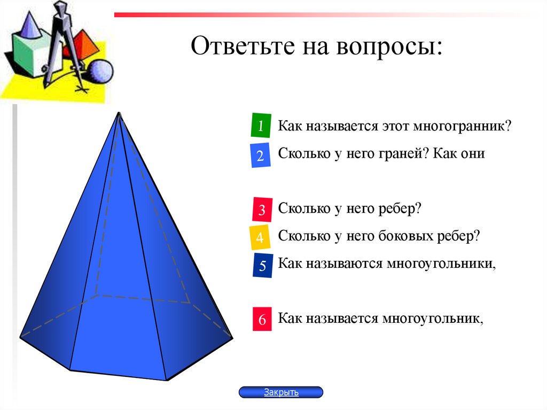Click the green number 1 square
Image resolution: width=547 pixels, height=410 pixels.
(261, 126)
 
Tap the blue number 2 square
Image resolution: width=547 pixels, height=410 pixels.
(260, 156)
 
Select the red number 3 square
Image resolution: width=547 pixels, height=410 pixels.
(262, 210)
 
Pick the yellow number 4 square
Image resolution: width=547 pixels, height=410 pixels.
(260, 238)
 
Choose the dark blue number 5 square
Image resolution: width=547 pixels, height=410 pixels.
(262, 266)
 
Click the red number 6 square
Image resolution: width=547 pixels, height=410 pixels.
(262, 319)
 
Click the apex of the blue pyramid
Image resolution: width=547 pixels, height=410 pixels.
(119, 113)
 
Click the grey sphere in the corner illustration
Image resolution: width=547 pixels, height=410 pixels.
(100, 72)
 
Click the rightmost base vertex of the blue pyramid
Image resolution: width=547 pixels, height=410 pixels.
(232, 338)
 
